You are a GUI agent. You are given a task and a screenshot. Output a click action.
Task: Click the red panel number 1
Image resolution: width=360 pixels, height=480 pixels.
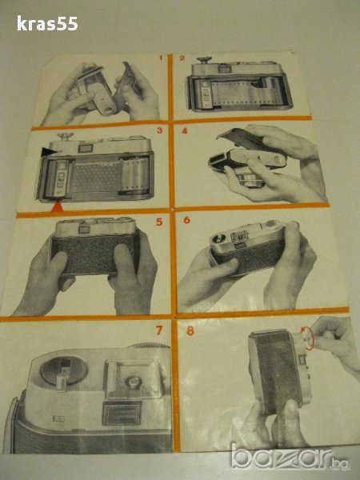pyautogui.click(x=161, y=58)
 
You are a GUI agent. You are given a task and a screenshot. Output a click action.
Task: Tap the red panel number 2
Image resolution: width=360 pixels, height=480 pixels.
pyautogui.click(x=182, y=58)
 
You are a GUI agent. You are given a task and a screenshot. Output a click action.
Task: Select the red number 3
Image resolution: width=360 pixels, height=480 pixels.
pyautogui.click(x=159, y=130)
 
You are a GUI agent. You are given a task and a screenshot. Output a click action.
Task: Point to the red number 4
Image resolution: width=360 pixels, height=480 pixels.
pyautogui.click(x=185, y=130)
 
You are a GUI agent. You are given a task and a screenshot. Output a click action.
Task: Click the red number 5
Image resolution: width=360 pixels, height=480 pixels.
pyautogui.click(x=159, y=222)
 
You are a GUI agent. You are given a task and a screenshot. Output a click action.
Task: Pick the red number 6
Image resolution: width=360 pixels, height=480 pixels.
pyautogui.click(x=186, y=220)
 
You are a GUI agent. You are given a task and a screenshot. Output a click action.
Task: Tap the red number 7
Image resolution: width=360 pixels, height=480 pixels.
pyautogui.click(x=159, y=330)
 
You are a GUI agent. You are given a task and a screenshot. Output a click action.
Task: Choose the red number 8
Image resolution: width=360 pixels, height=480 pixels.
pyautogui.click(x=190, y=330)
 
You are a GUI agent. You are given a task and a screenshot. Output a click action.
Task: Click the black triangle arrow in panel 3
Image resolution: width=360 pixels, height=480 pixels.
pyautogui.click(x=48, y=151)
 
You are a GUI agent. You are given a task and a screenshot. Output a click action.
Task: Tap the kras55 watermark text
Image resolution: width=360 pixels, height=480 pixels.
pyautogui.click(x=47, y=23)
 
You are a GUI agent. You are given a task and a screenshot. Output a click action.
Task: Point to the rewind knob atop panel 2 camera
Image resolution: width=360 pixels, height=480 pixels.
pyautogui.click(x=203, y=60)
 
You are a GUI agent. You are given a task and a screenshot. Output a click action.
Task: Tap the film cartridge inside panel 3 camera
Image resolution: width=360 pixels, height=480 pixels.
pyautogui.click(x=60, y=178)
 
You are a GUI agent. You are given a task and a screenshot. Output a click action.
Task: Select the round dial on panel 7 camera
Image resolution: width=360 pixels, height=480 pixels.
pyautogui.click(x=64, y=370)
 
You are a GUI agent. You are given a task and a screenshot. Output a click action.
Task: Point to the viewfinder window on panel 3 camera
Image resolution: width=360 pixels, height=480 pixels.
pyautogui.click(x=86, y=149)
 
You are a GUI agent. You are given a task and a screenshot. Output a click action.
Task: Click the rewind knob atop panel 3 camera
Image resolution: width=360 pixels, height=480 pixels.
pyautogui.click(x=66, y=136)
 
